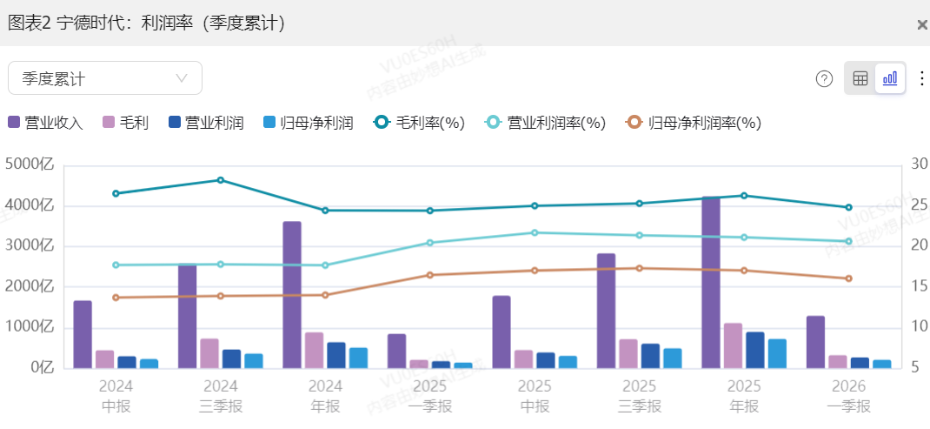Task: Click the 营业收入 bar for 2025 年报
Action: [711, 283]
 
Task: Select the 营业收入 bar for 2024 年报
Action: [292, 295]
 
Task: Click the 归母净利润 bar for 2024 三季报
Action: [253, 360]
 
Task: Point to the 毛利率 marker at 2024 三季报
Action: [221, 180]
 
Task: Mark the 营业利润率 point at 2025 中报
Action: [535, 232]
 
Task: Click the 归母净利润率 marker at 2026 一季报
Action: [849, 278]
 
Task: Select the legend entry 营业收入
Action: [45, 123]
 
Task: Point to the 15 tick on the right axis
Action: [920, 286]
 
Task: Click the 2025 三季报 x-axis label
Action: [639, 396]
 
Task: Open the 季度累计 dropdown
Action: [105, 78]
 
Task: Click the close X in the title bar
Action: [921, 24]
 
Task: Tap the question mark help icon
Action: [824, 78]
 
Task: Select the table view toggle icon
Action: [860, 78]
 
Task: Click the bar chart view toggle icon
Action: [890, 78]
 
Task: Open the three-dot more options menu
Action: [921, 78]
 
